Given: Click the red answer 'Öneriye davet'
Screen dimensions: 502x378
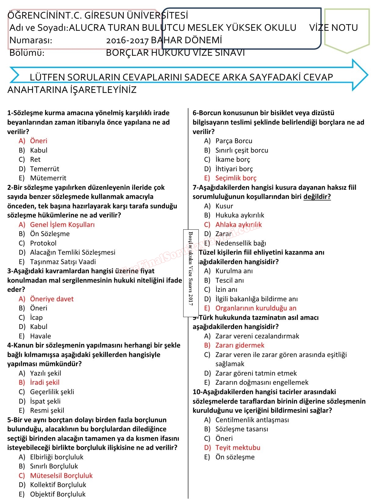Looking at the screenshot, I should click(x=52, y=299).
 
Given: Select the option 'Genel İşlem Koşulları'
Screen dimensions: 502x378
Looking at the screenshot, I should click(x=62, y=224).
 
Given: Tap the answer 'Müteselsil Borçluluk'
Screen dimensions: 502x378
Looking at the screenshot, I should click(x=61, y=475).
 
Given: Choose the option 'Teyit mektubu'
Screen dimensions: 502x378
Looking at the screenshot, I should click(x=238, y=447).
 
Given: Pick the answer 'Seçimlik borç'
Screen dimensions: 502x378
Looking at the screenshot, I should click(x=236, y=178).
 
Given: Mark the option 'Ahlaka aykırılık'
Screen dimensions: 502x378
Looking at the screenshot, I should click(x=238, y=224).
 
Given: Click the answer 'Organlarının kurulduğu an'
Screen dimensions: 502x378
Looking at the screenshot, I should click(x=256, y=308).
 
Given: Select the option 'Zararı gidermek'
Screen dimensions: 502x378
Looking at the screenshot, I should click(x=240, y=345).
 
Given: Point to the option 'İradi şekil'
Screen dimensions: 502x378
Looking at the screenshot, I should click(x=45, y=382).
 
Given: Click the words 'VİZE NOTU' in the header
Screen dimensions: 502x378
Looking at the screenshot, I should click(x=333, y=28).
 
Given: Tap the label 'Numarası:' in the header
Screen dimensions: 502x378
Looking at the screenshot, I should click(x=31, y=40).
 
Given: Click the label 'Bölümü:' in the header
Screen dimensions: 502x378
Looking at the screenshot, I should click(x=27, y=53).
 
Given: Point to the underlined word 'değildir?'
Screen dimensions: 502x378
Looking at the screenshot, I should click(x=317, y=196).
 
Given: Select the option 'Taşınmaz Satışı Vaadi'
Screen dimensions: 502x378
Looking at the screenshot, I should click(x=63, y=262).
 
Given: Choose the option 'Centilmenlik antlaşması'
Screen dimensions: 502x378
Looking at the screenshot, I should click(x=252, y=420).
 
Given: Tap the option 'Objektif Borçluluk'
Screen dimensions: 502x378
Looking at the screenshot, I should click(x=58, y=494).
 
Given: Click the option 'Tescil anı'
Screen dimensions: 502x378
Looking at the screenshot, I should click(x=229, y=280).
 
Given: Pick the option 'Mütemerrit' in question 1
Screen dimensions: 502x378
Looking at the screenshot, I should click(x=48, y=178).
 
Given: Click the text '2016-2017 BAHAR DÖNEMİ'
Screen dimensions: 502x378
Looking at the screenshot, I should click(x=164, y=40).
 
